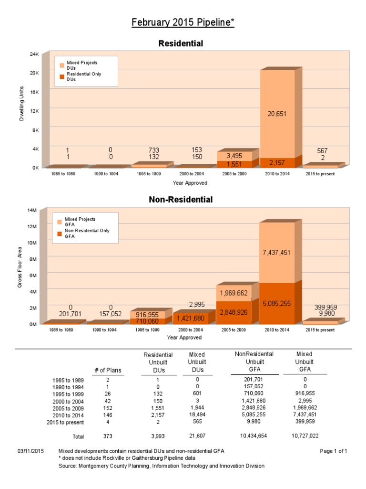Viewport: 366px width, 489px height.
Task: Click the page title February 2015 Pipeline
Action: pos(183,23)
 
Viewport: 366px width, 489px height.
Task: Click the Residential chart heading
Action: pos(181,43)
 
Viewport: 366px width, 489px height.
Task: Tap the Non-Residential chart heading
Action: pos(181,199)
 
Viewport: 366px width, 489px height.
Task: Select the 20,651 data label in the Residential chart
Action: pos(277,114)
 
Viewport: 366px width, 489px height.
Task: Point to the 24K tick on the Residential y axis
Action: pos(34,54)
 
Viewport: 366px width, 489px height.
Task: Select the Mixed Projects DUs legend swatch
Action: pos(61,64)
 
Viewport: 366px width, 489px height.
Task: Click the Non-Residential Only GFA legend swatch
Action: pos(60,234)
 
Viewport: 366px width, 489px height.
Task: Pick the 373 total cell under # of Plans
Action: pos(108,436)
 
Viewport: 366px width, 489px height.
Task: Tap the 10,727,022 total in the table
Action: pos(305,436)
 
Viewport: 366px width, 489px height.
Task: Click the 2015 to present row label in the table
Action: pos(65,422)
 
